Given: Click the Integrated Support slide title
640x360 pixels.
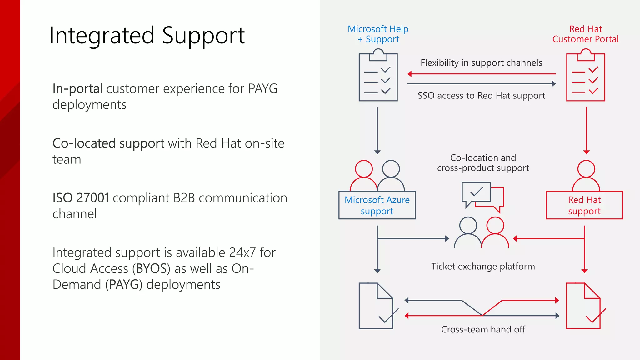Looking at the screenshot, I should (x=147, y=36).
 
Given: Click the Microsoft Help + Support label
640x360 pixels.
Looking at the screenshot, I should (x=378, y=34).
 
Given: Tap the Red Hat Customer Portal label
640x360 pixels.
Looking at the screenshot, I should (x=585, y=34).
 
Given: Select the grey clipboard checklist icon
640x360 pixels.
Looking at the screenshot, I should (x=378, y=76).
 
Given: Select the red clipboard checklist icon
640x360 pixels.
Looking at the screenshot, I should (x=586, y=76).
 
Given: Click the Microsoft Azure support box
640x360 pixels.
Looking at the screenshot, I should (x=377, y=205).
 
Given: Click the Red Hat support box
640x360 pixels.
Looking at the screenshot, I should (x=584, y=205).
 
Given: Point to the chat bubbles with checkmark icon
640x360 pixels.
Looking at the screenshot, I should (x=482, y=197).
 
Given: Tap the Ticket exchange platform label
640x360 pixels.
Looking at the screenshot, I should (x=483, y=266).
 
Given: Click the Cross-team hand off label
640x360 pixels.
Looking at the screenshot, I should (x=483, y=329).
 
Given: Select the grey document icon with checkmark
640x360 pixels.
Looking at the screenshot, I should (x=377, y=306).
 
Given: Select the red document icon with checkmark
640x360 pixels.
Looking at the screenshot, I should (x=584, y=306).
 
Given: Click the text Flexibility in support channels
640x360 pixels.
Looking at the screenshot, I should (x=481, y=63).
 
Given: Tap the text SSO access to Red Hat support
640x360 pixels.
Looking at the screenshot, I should (x=481, y=96).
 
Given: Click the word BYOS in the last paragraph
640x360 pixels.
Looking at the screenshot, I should (x=151, y=269).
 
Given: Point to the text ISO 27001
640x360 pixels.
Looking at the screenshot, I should (x=81, y=198).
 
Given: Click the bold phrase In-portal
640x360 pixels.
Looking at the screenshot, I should (x=77, y=89).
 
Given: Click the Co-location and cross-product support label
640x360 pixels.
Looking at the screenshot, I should (x=483, y=163).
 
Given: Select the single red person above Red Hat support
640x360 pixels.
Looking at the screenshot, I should (x=586, y=176).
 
